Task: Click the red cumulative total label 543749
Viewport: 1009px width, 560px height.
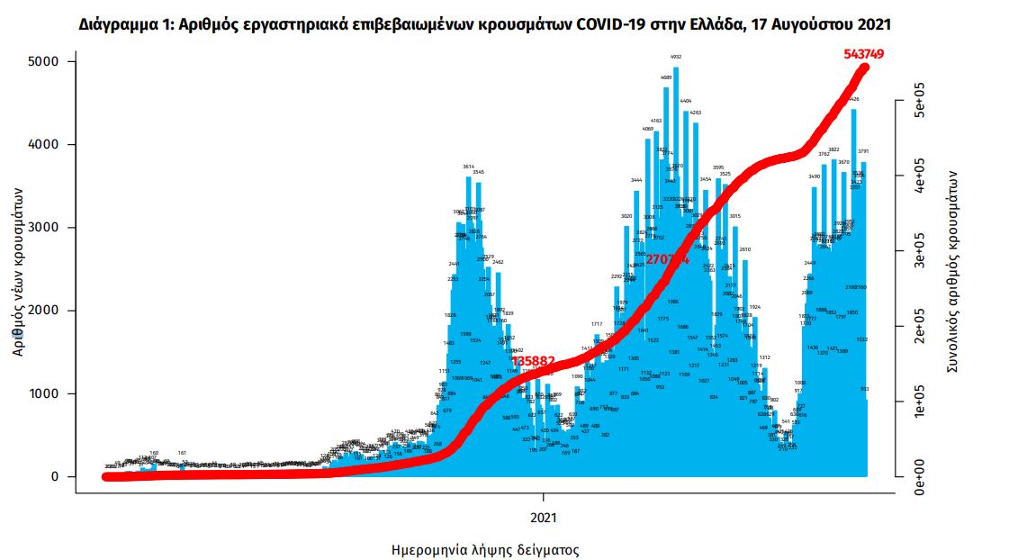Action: click(x=863, y=54)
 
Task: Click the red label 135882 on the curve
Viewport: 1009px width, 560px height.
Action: click(x=533, y=361)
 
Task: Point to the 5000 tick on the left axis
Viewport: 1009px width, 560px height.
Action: click(x=41, y=61)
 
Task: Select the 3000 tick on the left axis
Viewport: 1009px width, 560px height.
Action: click(x=41, y=228)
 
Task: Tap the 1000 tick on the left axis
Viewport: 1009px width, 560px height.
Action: click(x=41, y=394)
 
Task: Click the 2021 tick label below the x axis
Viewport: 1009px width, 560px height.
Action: click(x=544, y=518)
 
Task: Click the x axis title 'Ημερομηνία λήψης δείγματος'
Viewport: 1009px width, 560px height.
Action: click(x=484, y=549)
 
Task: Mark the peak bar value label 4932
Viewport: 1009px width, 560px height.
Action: click(x=676, y=57)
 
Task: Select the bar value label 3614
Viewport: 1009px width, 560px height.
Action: click(x=468, y=167)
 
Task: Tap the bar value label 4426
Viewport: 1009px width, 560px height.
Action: click(x=853, y=99)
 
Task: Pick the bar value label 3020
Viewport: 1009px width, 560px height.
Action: click(x=626, y=216)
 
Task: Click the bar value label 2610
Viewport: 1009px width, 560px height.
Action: click(x=745, y=248)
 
